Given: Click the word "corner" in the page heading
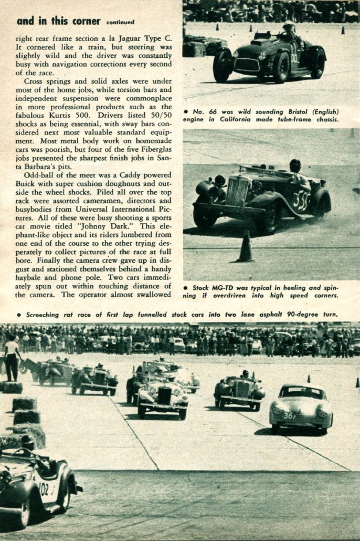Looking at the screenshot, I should point(83,21).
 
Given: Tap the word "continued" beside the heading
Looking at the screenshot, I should point(120,23).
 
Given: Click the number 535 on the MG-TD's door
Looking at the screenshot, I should point(301,201).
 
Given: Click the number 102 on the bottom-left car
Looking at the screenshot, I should point(44,488).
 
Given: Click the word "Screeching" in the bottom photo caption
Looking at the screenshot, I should point(47,314).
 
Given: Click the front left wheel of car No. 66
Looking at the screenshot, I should point(223,65).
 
